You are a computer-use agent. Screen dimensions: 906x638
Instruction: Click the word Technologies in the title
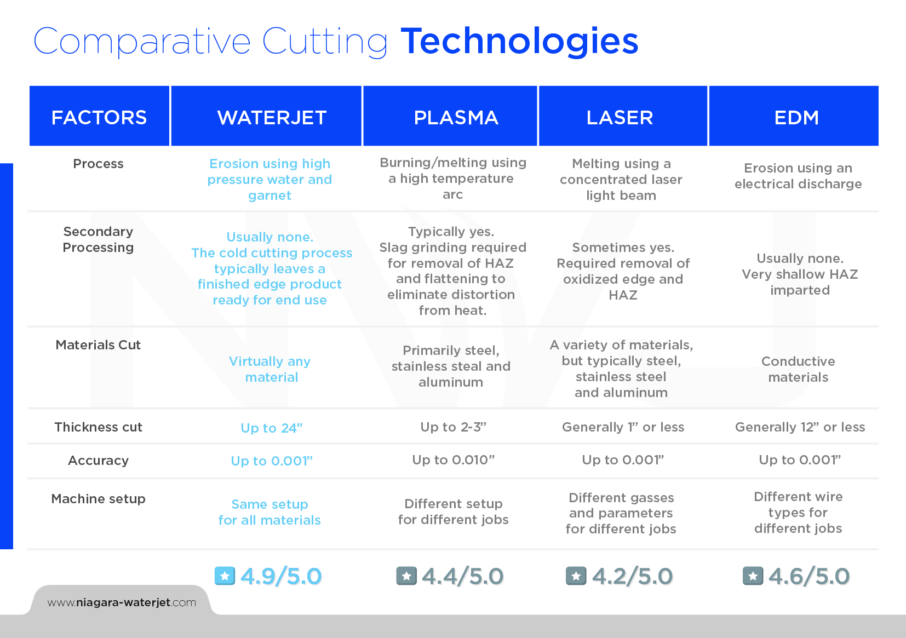point(519,41)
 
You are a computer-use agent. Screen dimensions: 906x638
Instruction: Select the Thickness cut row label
point(98,427)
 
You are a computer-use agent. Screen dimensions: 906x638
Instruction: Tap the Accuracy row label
point(98,460)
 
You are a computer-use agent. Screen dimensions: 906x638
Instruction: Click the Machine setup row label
point(98,499)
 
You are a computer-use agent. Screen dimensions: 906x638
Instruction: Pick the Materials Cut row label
point(98,345)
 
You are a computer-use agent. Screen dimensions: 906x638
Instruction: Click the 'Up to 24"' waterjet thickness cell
point(271,428)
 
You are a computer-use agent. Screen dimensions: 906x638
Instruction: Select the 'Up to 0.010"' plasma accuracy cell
point(453,459)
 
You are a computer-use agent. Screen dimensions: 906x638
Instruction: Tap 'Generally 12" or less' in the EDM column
point(800,427)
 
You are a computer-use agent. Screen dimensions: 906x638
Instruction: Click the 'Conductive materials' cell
point(798,369)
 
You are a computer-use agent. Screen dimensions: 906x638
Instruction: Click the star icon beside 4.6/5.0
point(753,576)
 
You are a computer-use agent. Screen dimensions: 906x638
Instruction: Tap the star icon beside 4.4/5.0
point(406,576)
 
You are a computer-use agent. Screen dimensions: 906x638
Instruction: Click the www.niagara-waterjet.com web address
point(122,603)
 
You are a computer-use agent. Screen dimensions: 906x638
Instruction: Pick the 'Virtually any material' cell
point(270,369)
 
